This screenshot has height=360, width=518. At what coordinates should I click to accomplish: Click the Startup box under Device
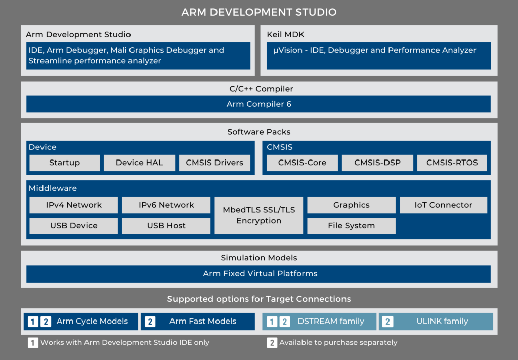pyautogui.click(x=64, y=163)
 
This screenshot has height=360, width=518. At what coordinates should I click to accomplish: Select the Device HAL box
pyautogui.click(x=139, y=163)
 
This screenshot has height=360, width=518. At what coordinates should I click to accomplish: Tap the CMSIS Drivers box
pyautogui.click(x=214, y=163)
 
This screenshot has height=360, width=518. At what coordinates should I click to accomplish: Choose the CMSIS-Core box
pyautogui.click(x=302, y=163)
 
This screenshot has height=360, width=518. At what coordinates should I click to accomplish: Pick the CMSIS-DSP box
pyautogui.click(x=377, y=163)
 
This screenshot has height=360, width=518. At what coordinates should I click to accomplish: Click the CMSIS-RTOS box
pyautogui.click(x=452, y=163)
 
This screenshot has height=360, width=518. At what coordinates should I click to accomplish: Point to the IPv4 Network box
pyautogui.click(x=74, y=205)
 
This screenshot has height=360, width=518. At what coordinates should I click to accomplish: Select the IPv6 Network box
pyautogui.click(x=166, y=205)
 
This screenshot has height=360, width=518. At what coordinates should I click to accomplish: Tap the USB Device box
pyautogui.click(x=74, y=226)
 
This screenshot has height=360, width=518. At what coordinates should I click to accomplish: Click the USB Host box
pyautogui.click(x=166, y=226)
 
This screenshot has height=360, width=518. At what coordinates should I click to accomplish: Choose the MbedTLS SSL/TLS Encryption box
pyautogui.click(x=259, y=216)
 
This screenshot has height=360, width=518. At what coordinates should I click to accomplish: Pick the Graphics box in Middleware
pyautogui.click(x=351, y=205)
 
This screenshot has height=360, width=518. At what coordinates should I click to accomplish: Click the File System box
pyautogui.click(x=351, y=226)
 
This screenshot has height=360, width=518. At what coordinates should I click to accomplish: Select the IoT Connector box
pyautogui.click(x=444, y=205)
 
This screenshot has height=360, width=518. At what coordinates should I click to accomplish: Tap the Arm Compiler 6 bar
pyautogui.click(x=258, y=104)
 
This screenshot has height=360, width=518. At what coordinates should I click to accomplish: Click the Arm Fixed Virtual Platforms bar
pyautogui.click(x=258, y=274)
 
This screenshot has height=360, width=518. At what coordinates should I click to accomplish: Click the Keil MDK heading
pyautogui.click(x=285, y=35)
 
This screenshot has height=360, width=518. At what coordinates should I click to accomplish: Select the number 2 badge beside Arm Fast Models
pyautogui.click(x=150, y=321)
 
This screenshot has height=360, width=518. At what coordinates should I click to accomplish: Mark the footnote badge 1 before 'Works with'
pyautogui.click(x=33, y=343)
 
